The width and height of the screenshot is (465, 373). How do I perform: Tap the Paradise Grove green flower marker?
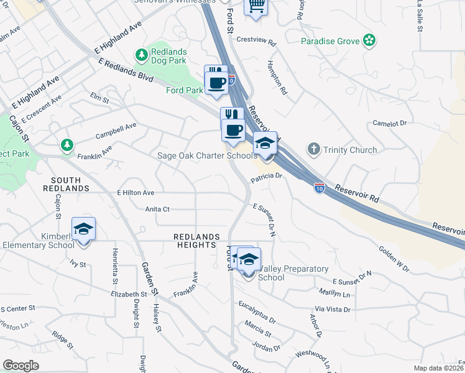click(370, 41)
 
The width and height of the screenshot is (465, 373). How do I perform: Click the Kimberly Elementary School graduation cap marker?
click(83, 229)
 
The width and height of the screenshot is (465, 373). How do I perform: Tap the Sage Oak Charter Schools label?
click(207, 156)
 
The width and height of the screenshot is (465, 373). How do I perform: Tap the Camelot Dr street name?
click(390, 124)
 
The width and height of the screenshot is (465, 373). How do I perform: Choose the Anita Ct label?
click(157, 210)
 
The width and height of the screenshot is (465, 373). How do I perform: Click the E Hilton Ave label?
click(135, 193)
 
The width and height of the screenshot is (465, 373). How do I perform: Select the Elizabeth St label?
click(128, 294)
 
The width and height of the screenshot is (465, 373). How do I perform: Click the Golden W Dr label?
click(394, 259)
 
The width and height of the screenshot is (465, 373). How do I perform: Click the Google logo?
click(21, 366)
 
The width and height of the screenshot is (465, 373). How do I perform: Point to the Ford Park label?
click(185, 90)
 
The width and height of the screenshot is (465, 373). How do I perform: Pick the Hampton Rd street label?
click(277, 77)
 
